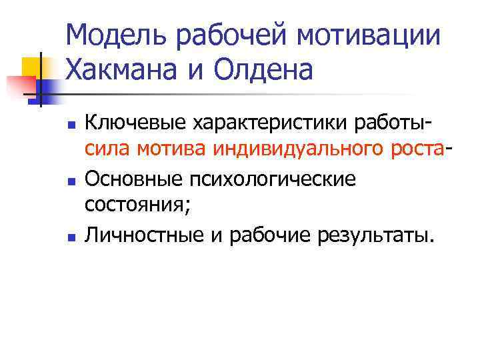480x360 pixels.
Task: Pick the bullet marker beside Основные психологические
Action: (x=71, y=180)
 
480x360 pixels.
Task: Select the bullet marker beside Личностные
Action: (x=71, y=235)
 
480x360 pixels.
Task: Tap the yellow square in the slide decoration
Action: (x=33, y=67)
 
